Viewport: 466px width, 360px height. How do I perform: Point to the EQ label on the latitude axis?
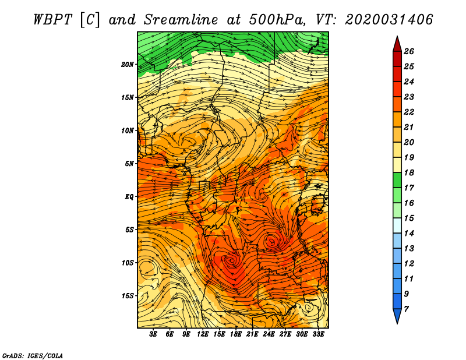click(129, 196)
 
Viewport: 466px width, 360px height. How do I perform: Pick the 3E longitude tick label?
click(153, 334)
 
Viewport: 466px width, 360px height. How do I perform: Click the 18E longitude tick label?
click(236, 334)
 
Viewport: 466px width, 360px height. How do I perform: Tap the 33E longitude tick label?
click(319, 334)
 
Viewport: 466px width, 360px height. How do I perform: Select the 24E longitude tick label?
click(269, 334)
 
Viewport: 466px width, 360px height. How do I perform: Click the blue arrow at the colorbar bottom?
click(397, 316)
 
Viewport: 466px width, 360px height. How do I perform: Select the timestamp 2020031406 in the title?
click(389, 19)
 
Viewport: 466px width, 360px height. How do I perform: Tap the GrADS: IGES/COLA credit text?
click(32, 355)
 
